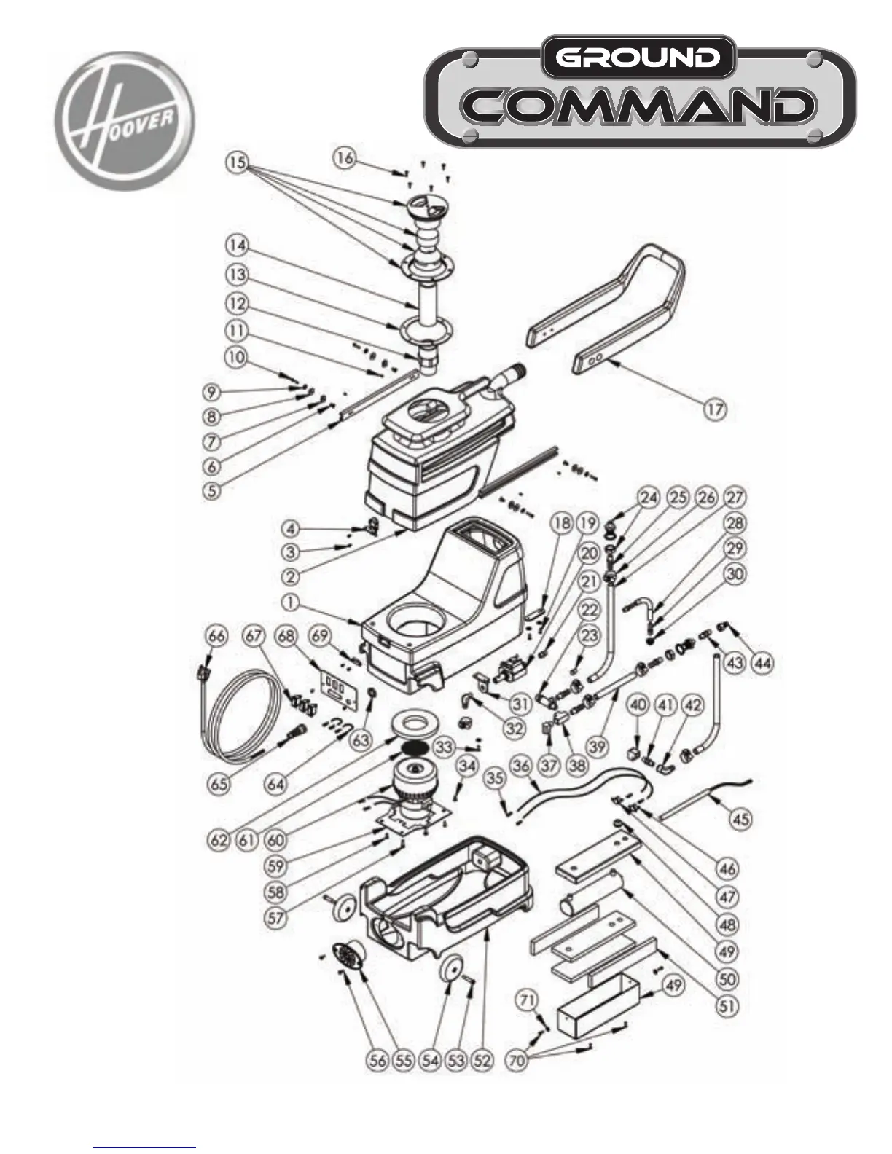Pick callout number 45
[x=740, y=819]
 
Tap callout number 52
[x=482, y=1060]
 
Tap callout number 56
[x=377, y=1060]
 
